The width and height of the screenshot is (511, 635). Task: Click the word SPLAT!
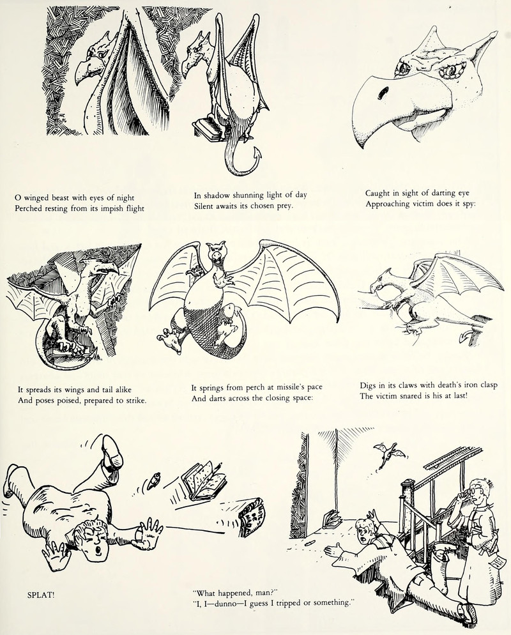tap(40, 596)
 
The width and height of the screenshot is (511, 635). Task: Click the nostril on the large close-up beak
tap(382, 93)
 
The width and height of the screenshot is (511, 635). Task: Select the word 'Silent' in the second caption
tap(204, 205)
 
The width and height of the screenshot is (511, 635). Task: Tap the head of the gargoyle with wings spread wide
tap(215, 254)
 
